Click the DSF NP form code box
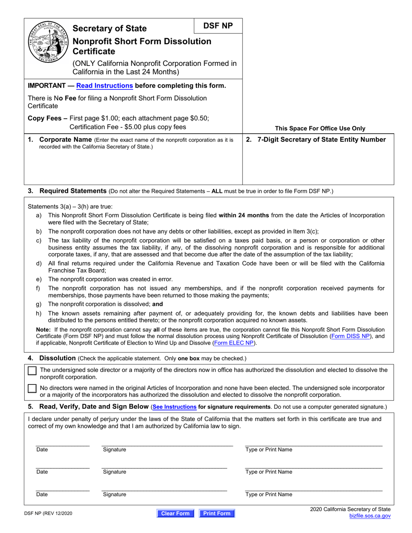[218, 26]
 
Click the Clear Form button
[175, 513]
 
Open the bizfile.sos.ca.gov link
[370, 516]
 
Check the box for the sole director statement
[32, 371]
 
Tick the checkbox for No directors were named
[32, 389]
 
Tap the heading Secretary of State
[110, 29]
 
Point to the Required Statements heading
[73, 191]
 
